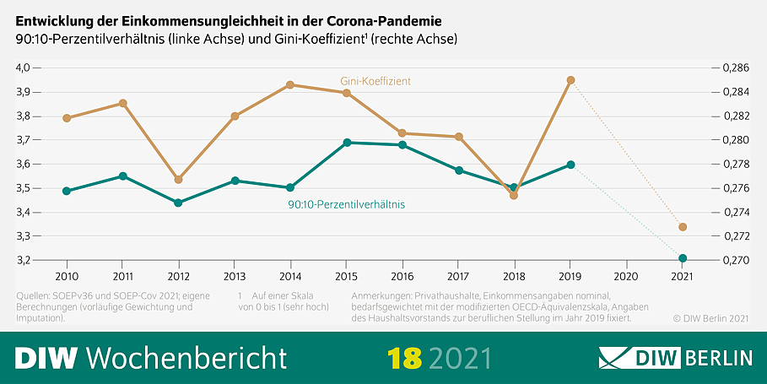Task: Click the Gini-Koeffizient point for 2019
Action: click(571, 80)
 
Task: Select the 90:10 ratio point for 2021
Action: click(683, 258)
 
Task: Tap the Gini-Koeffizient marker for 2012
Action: click(178, 180)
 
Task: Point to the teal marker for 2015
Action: click(347, 143)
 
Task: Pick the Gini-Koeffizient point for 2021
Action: click(683, 227)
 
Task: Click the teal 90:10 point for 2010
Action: click(67, 191)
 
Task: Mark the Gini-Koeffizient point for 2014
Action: click(290, 84)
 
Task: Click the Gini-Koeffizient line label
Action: click(375, 81)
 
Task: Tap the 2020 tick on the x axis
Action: click(626, 276)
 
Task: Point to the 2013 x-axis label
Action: click(235, 276)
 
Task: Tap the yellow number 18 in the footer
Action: click(404, 358)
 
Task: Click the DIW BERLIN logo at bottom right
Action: click(675, 358)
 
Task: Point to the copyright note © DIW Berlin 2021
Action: click(710, 319)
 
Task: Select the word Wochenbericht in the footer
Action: click(186, 358)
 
